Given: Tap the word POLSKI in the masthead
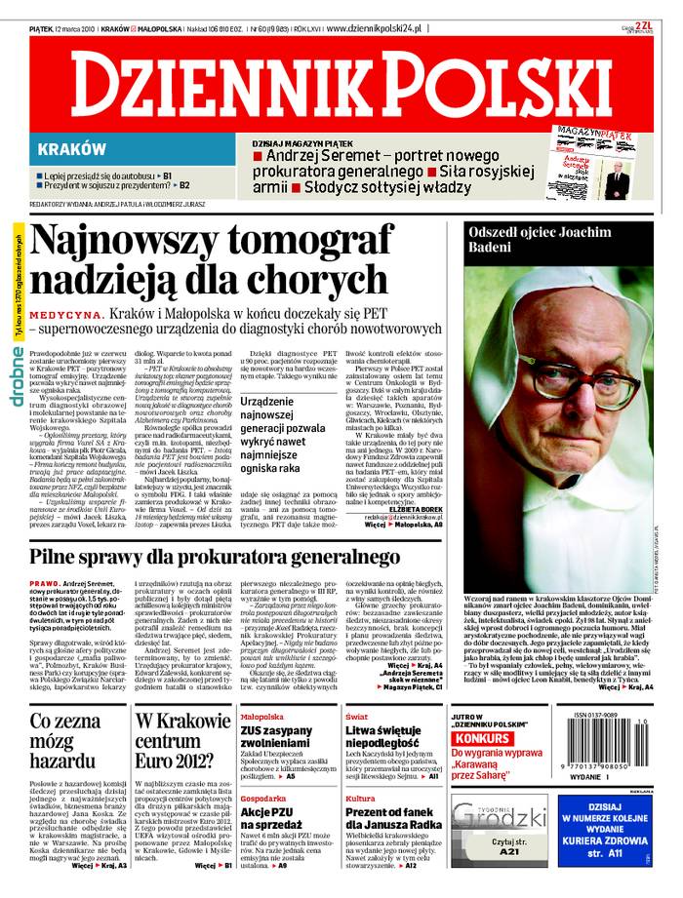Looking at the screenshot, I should tap(478, 87).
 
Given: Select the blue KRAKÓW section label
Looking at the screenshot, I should tap(72, 149).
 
